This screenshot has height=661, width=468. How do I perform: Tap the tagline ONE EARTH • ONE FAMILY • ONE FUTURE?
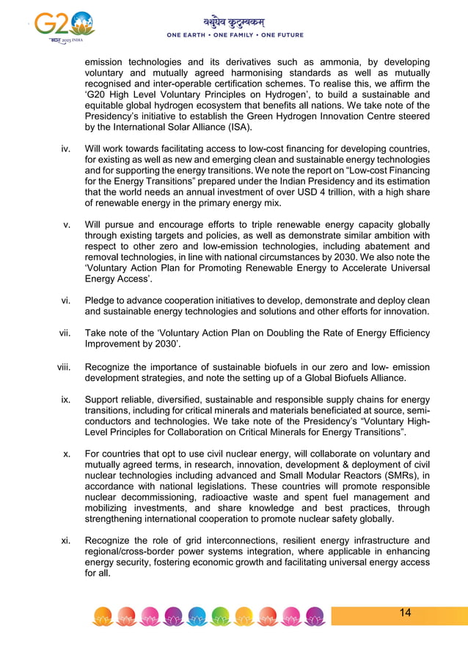pos(235,35)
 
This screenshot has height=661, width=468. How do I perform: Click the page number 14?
pos(405,613)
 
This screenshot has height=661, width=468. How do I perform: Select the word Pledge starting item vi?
pos(101,300)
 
